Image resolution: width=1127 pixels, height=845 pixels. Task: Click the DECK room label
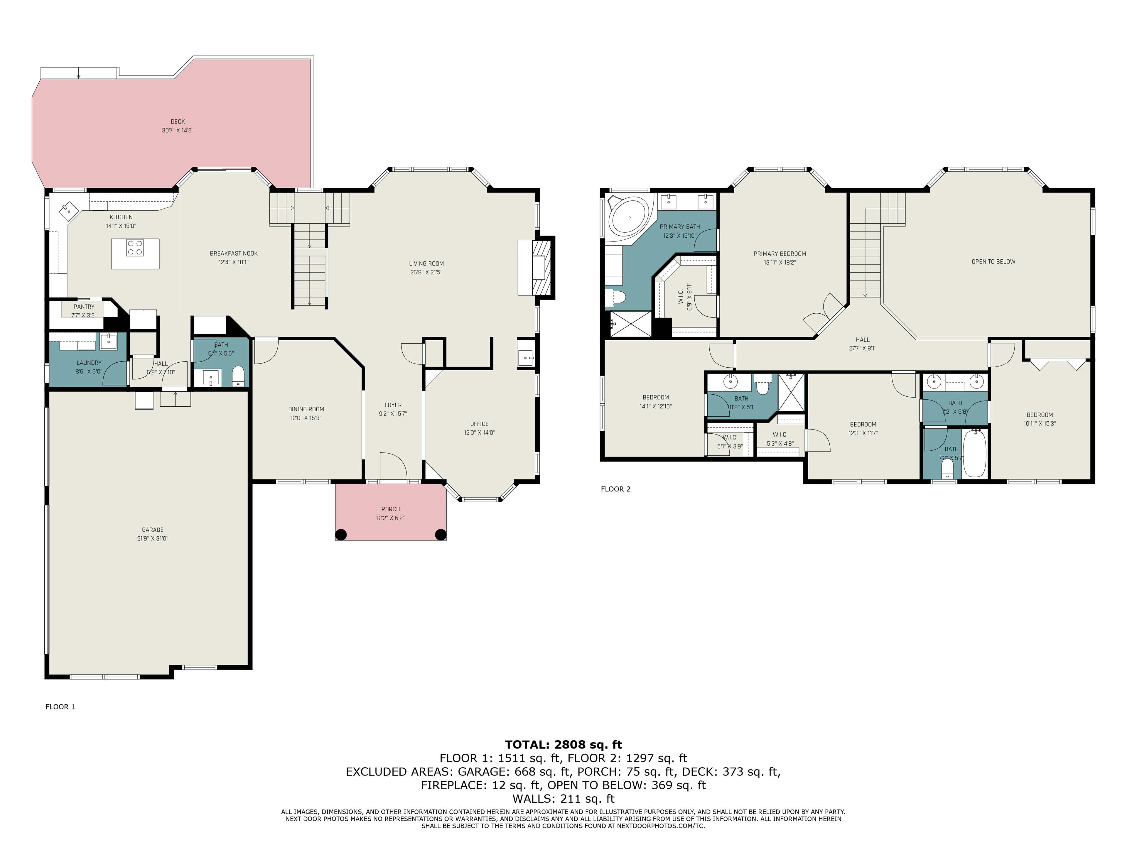coord(178,122)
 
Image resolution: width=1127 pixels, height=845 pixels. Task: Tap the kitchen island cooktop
coord(135,248)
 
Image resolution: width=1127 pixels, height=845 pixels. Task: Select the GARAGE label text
coord(153,530)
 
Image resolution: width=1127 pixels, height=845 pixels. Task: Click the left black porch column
coord(341,534)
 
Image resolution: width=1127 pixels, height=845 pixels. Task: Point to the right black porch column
coord(441,534)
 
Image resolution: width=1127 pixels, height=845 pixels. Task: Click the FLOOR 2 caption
coord(615,489)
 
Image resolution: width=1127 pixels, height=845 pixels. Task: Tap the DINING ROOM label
coord(306,409)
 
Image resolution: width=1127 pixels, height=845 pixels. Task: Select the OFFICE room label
coord(479,424)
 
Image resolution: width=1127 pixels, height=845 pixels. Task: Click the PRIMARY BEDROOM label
coord(780,254)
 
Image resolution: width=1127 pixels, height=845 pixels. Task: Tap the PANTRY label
coord(84,307)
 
